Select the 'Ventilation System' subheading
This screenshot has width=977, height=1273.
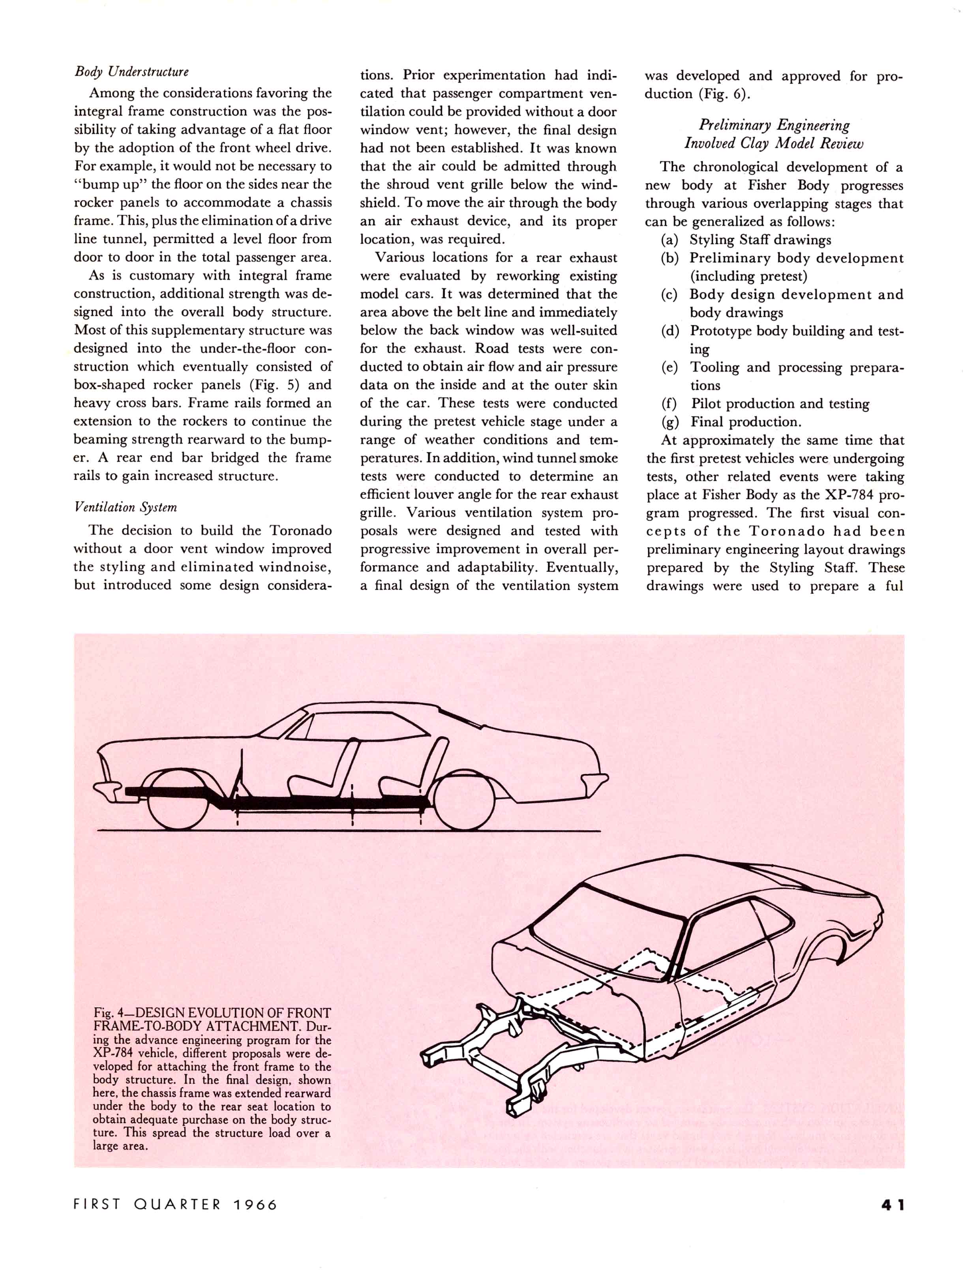125,507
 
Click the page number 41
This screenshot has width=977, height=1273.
892,1205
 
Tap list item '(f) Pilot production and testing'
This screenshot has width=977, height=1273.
766,403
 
